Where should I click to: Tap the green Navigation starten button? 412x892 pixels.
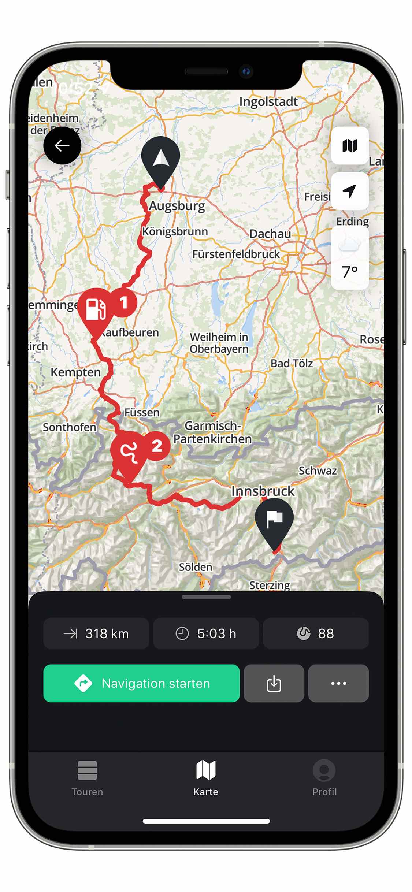click(141, 683)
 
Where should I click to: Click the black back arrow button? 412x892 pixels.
click(62, 146)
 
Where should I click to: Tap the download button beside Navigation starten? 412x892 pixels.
click(274, 683)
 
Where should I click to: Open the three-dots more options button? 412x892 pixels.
click(338, 683)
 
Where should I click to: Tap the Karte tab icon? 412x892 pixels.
click(206, 770)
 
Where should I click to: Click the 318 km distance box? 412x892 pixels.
click(96, 633)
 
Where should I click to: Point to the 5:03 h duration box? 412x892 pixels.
click(206, 633)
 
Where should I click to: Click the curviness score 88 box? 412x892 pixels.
click(316, 633)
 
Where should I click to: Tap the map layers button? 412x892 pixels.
click(350, 146)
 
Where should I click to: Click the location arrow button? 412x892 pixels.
click(350, 191)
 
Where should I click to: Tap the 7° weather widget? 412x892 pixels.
click(350, 259)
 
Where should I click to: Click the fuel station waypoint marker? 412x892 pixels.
click(96, 309)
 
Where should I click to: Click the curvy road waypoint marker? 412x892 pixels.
click(129, 453)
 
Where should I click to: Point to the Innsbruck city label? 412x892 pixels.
click(263, 491)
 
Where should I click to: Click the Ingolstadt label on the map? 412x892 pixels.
click(268, 101)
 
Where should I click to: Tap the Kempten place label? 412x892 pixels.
click(75, 372)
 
